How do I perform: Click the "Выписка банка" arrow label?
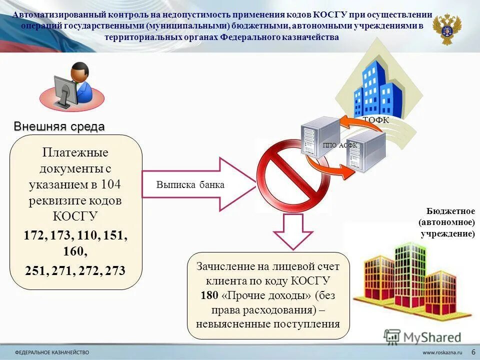point(190,185)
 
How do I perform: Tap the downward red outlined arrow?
point(292,230)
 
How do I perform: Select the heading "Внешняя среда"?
point(59,126)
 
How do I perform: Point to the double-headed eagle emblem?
point(447,29)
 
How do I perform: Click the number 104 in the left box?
point(110,184)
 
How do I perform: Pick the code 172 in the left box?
point(34,234)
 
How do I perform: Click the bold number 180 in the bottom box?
point(209,295)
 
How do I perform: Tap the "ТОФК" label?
point(375,120)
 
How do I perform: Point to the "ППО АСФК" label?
point(339,145)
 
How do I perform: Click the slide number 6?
point(473,352)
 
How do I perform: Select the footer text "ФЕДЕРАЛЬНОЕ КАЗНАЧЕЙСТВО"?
point(52,352)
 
